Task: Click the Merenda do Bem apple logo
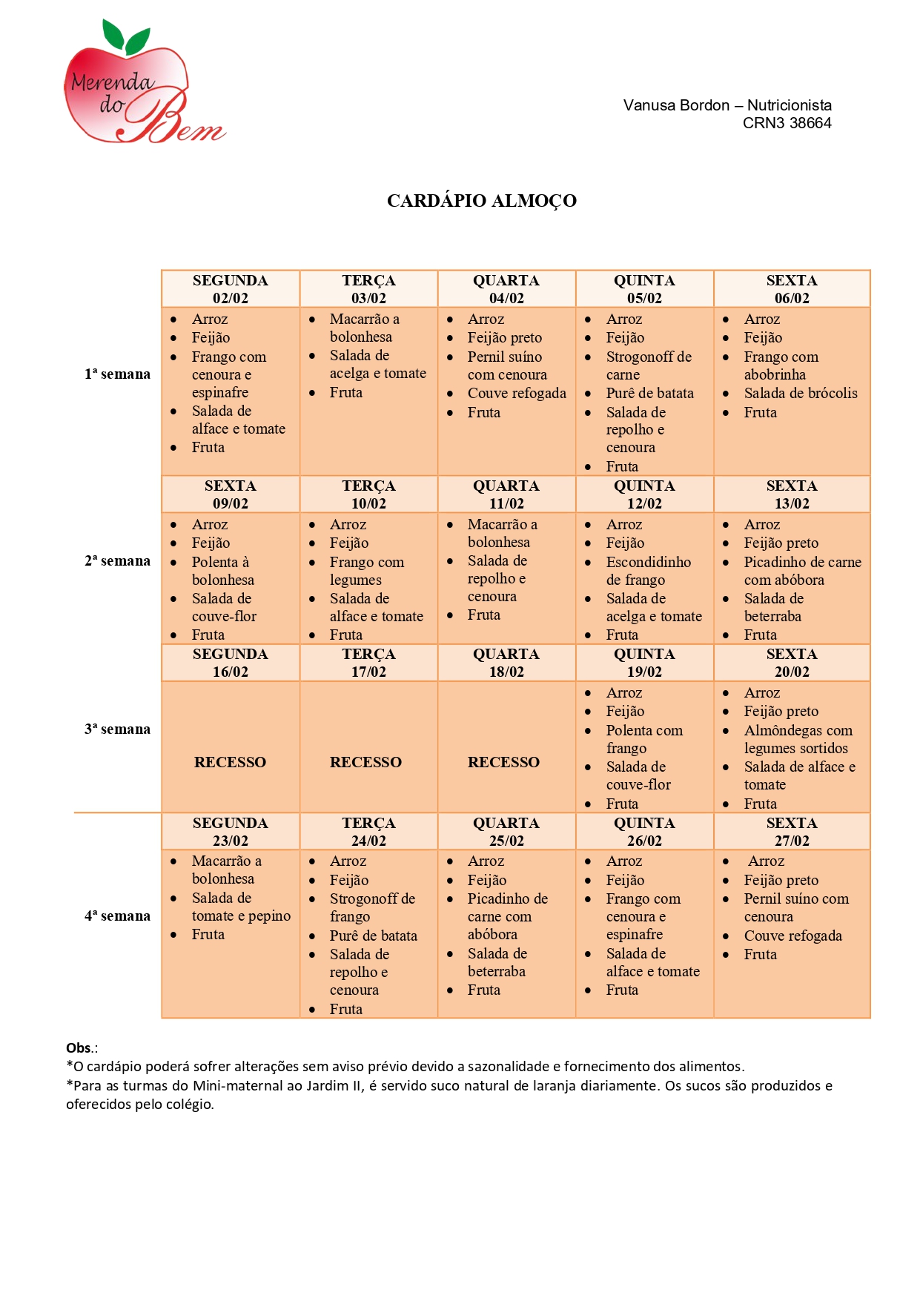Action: pyautogui.click(x=141, y=85)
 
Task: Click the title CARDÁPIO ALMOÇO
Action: pyautogui.click(x=481, y=201)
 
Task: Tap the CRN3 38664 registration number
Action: pyautogui.click(x=787, y=123)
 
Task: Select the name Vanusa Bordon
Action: pyautogui.click(x=676, y=105)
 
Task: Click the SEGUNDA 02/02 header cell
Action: pyautogui.click(x=230, y=289)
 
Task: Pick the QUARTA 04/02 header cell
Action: pyautogui.click(x=506, y=289)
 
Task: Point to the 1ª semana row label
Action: pyautogui.click(x=117, y=374)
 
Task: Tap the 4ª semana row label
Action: pyautogui.click(x=117, y=916)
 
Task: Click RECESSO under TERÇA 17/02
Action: pyautogui.click(x=365, y=762)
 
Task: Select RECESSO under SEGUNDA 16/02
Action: pyautogui.click(x=230, y=762)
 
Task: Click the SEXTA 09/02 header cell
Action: pyautogui.click(x=230, y=494)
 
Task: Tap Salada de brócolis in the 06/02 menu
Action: pyautogui.click(x=800, y=394)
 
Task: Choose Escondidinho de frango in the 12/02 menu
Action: pyautogui.click(x=647, y=571)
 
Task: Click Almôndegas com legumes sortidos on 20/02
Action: pyautogui.click(x=797, y=739)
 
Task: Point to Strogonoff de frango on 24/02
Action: pyautogui.click(x=371, y=907)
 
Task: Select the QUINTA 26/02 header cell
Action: pyautogui.click(x=644, y=832)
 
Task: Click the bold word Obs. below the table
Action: pyautogui.click(x=79, y=1048)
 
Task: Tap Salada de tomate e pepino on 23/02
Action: pyautogui.click(x=240, y=907)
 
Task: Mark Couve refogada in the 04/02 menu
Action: pyautogui.click(x=516, y=394)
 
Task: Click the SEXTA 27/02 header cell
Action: pyautogui.click(x=791, y=832)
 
